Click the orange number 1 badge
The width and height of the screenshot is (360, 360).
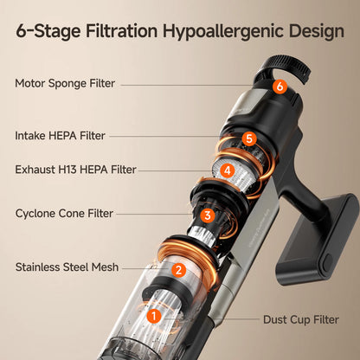pyautogui.click(x=154, y=316)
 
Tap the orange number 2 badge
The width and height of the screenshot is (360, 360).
pyautogui.click(x=178, y=270)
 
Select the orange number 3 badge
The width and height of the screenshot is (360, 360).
pyautogui.click(x=208, y=215)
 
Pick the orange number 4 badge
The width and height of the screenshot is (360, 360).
pyautogui.click(x=228, y=170)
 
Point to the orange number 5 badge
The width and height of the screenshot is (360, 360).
pyautogui.click(x=249, y=138)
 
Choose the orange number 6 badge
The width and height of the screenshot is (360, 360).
pyautogui.click(x=280, y=86)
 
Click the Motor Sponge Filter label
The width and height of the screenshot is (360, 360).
pyautogui.click(x=65, y=83)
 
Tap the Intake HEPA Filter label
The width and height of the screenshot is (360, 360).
pyautogui.click(x=60, y=136)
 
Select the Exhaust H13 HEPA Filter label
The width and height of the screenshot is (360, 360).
pyautogui.click(x=75, y=170)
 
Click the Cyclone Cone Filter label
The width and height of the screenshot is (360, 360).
pyautogui.click(x=64, y=214)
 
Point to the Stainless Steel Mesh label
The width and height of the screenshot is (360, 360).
pyautogui.click(x=67, y=267)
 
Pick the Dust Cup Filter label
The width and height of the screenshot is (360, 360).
pyautogui.click(x=301, y=319)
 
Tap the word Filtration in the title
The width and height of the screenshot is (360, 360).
pyautogui.click(x=122, y=30)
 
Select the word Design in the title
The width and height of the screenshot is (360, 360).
pyautogui.click(x=317, y=32)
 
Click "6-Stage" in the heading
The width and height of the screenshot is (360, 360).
pyautogui.click(x=48, y=32)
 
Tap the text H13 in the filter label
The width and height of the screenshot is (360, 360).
pyautogui.click(x=67, y=170)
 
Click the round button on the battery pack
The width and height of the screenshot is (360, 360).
pyautogui.click(x=328, y=263)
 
